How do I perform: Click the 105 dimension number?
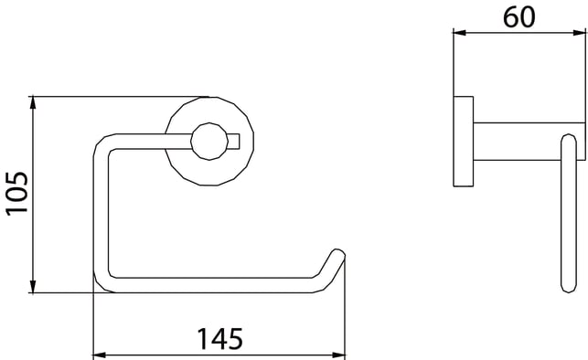point(16,194)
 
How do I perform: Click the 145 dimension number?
point(220,339)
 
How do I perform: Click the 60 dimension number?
point(519,17)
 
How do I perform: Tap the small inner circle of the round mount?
point(209,142)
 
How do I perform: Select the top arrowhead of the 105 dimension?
point(33,102)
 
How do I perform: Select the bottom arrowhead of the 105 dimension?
point(33,287)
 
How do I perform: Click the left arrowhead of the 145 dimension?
point(100,355)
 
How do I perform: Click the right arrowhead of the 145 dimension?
point(338,355)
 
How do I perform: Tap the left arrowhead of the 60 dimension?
point(459,33)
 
